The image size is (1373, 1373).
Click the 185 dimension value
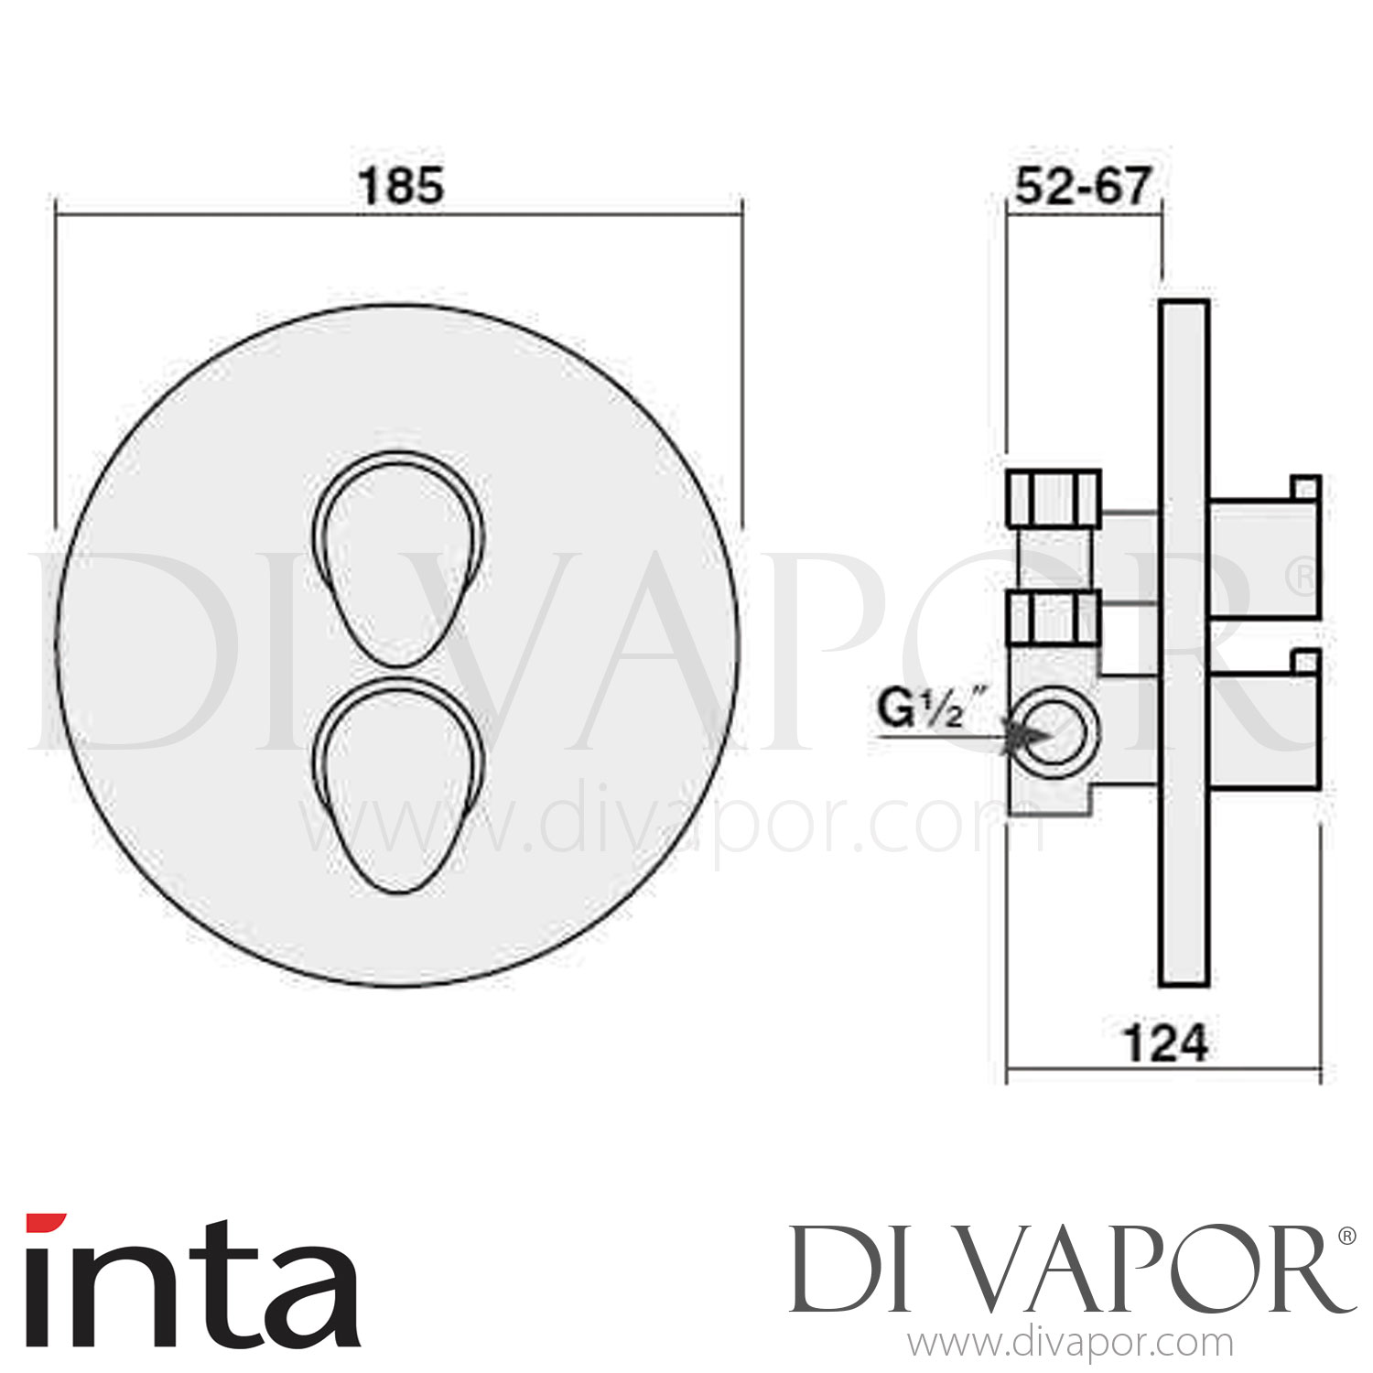click(x=401, y=186)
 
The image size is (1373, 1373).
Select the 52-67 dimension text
click(x=1082, y=187)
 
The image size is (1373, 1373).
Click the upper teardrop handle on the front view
click(x=399, y=558)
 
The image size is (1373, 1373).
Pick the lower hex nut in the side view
click(x=1053, y=619)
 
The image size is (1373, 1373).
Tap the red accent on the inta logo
click(x=45, y=1224)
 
